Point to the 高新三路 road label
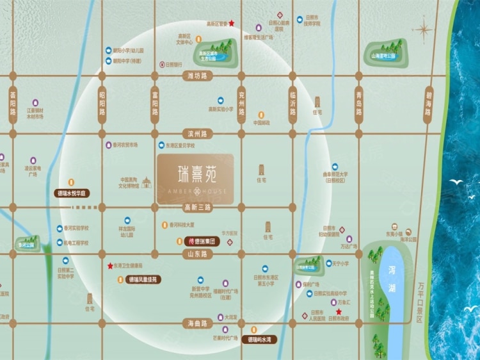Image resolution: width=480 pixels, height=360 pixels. (197, 207)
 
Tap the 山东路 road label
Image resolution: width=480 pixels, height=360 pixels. (196, 254)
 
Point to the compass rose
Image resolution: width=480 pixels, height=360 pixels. (423, 29)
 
